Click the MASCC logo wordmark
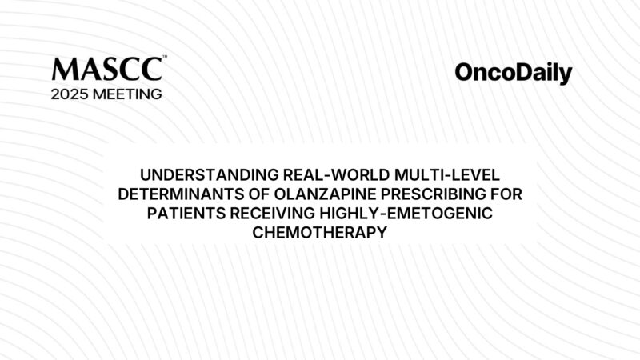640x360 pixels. click(106, 69)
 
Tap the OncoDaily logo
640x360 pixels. click(514, 74)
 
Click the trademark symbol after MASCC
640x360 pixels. click(164, 58)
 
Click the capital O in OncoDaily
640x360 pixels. click(466, 74)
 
